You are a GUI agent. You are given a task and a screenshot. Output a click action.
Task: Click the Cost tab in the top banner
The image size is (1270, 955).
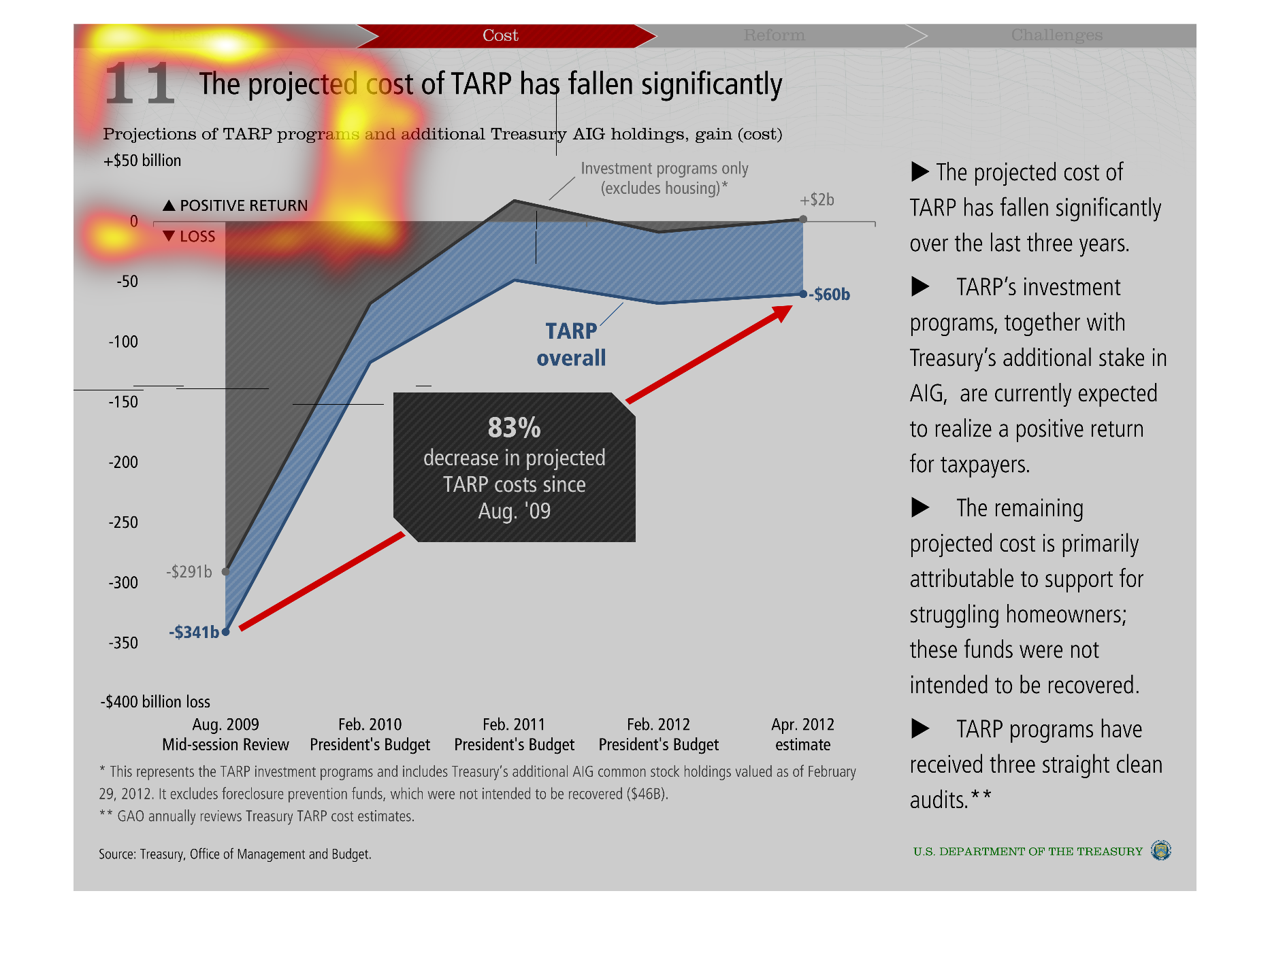tap(500, 35)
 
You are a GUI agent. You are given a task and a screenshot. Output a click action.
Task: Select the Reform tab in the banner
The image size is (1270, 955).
tap(774, 35)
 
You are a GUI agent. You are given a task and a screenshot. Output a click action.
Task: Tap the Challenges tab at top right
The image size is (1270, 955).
tap(1056, 35)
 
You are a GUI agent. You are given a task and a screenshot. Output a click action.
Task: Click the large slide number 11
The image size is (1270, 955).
tap(140, 84)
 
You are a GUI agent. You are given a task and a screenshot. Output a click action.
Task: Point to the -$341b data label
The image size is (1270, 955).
tap(194, 633)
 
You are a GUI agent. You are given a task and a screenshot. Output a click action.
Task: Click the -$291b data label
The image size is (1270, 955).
tap(189, 572)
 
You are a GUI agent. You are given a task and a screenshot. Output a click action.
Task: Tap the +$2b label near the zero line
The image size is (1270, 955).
tap(817, 200)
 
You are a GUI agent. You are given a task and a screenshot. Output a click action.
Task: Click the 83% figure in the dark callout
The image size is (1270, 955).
tap(514, 428)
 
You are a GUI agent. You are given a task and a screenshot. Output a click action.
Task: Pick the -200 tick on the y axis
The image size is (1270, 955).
tap(123, 463)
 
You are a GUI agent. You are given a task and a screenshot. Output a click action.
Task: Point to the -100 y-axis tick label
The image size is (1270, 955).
tap(123, 342)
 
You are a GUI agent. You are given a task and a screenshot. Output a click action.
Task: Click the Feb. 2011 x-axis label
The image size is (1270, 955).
tap(514, 725)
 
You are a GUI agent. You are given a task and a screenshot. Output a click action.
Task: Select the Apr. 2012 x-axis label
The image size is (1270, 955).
tap(802, 725)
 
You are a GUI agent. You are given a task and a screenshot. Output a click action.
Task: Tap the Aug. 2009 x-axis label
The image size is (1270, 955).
tap(225, 725)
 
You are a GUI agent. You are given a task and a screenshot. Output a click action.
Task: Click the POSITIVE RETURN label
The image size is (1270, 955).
tap(243, 205)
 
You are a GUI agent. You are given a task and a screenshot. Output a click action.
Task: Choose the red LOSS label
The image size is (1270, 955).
tap(197, 237)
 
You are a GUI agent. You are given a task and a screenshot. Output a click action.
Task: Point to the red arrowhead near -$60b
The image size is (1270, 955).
tap(783, 314)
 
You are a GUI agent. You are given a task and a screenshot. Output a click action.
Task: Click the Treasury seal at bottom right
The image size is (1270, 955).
tap(1160, 850)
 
